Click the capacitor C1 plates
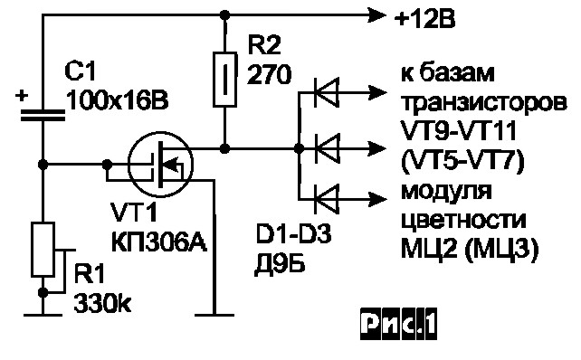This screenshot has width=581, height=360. click(43, 113)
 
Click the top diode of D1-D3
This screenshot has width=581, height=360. click(324, 90)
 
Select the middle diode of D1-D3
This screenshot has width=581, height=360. click(324, 143)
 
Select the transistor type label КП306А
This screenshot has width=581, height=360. click(158, 240)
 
